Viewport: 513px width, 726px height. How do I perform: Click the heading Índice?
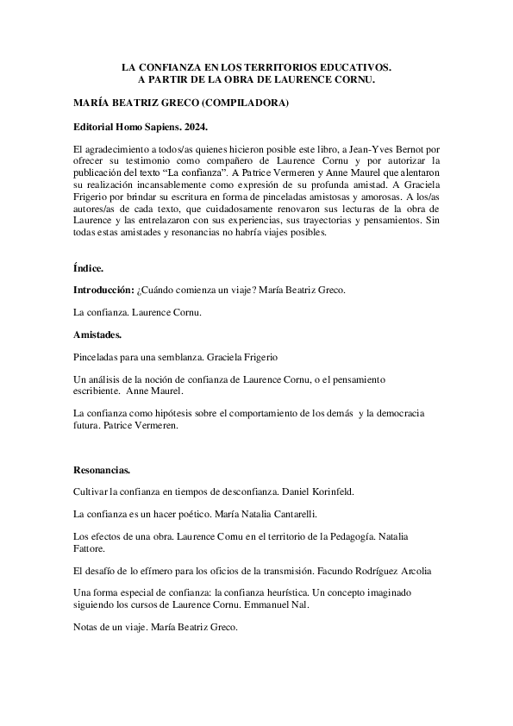tap(88, 268)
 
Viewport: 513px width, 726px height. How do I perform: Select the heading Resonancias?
tap(102, 470)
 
